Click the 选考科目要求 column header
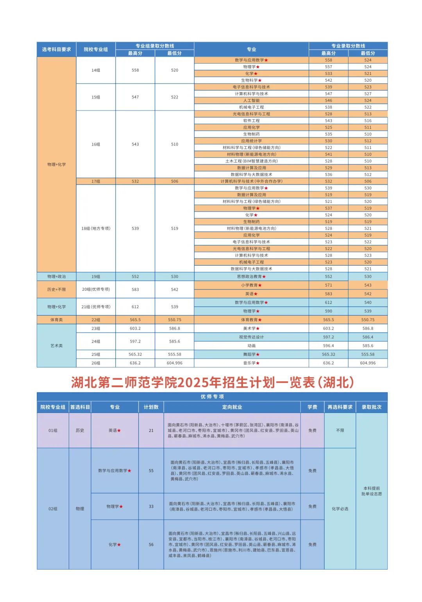pyautogui.click(x=57, y=50)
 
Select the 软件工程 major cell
pyautogui.click(x=251, y=121)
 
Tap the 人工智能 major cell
pyautogui.click(x=251, y=100)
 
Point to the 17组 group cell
pyautogui.click(x=96, y=181)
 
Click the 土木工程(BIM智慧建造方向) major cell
pyautogui.click(x=251, y=161)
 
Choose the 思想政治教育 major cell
pyautogui.click(x=251, y=277)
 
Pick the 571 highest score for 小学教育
pyautogui.click(x=328, y=285)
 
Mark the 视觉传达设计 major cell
pyautogui.click(x=251, y=337)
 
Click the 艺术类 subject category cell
pyautogui.click(x=57, y=346)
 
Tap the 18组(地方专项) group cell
pyautogui.click(x=96, y=229)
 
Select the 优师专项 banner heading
pyautogui.click(x=212, y=397)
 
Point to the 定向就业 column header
pyautogui.click(x=232, y=407)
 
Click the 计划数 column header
pyautogui.click(x=151, y=407)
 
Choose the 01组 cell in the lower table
pyautogui.click(x=53, y=431)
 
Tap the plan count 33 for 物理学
pyautogui.click(x=151, y=506)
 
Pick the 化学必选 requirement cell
pyautogui.click(x=340, y=509)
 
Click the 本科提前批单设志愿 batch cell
pyautogui.click(x=372, y=491)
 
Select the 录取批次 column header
pyautogui.click(x=372, y=407)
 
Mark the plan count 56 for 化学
pyautogui.click(x=151, y=545)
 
